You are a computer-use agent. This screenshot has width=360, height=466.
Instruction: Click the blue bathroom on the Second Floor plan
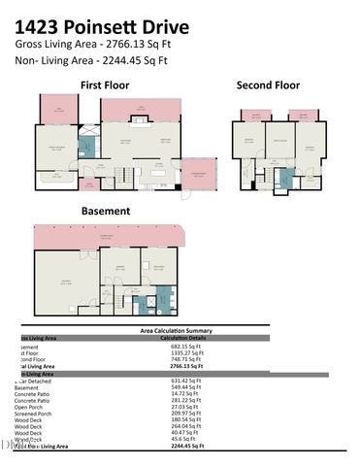[x=285, y=179]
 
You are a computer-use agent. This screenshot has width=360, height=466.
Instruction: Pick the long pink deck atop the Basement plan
[x=107, y=236]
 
